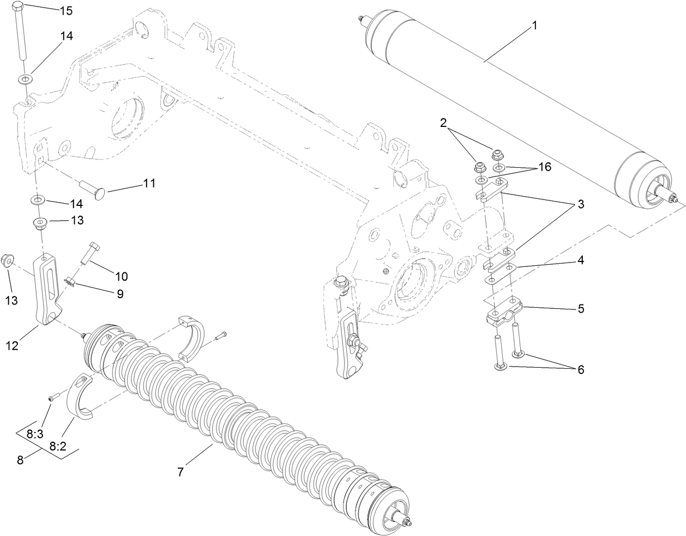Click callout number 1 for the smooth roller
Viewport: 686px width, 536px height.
(x=534, y=25)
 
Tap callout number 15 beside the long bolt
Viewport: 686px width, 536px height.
(x=65, y=10)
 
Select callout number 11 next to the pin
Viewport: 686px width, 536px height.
(x=149, y=184)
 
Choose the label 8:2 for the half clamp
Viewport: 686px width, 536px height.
(x=57, y=446)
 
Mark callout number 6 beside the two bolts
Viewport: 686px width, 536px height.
(x=580, y=370)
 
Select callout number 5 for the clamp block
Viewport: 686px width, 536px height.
(x=580, y=308)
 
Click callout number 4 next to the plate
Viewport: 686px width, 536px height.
(x=580, y=260)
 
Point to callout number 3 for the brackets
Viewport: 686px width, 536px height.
(x=580, y=205)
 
